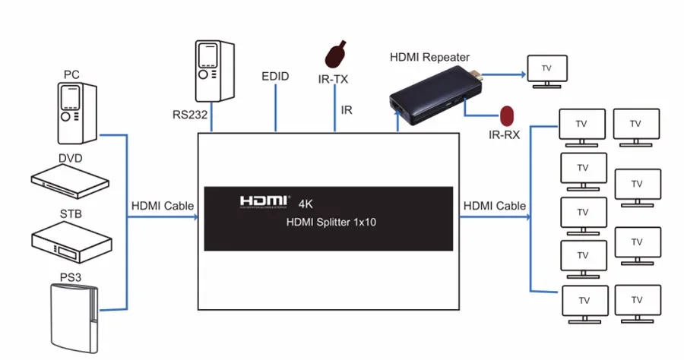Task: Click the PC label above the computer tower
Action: coord(71,74)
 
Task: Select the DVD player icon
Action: coord(70,181)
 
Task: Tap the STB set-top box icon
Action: coord(71,242)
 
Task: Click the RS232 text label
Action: coord(190,115)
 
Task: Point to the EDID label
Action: coord(275,76)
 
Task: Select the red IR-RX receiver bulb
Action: coord(507,116)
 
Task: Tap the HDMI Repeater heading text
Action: coord(429,57)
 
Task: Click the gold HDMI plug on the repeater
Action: coord(477,75)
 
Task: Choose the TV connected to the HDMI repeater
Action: coord(547,71)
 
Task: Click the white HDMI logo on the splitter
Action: coord(264,201)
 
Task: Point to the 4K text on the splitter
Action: coord(306,204)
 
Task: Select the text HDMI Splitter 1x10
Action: coord(331,222)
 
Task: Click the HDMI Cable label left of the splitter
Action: coord(163,206)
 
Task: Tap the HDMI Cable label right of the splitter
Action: coord(495,206)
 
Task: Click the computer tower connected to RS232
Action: coord(214,71)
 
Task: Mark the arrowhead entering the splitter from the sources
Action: coord(195,216)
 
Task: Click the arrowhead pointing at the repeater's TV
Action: coord(523,74)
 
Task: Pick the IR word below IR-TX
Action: coord(347,110)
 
